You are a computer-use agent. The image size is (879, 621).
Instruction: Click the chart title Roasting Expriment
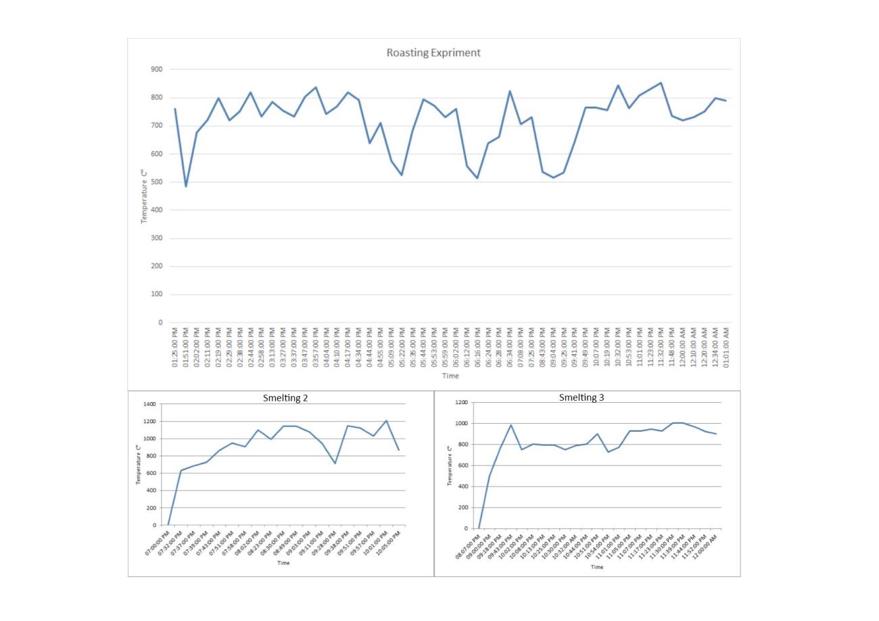pyautogui.click(x=433, y=53)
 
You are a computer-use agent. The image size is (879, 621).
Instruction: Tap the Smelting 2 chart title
pyautogui.click(x=285, y=398)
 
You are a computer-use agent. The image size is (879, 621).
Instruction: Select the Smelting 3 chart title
pyautogui.click(x=581, y=397)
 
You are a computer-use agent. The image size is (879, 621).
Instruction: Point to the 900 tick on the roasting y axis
pyautogui.click(x=156, y=70)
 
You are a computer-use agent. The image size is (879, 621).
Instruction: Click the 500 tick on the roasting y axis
pyautogui.click(x=156, y=182)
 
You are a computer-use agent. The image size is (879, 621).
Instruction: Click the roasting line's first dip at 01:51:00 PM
pyautogui.click(x=186, y=186)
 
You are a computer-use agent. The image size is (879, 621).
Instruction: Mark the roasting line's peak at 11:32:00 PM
pyautogui.click(x=661, y=83)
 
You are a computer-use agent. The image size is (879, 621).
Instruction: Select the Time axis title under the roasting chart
pyautogui.click(x=450, y=376)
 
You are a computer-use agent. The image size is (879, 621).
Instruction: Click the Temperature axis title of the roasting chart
pyautogui.click(x=144, y=197)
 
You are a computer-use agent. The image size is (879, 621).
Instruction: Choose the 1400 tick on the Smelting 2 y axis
pyautogui.click(x=149, y=404)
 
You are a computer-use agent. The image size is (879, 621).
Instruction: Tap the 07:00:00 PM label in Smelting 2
pyautogui.click(x=158, y=543)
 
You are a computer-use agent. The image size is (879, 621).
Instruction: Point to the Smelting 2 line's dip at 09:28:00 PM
pyautogui.click(x=335, y=463)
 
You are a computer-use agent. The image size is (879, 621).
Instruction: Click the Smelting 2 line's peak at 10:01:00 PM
pyautogui.click(x=386, y=421)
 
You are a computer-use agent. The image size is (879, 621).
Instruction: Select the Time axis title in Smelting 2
pyautogui.click(x=283, y=563)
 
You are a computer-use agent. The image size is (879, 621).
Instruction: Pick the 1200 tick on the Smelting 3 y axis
pyautogui.click(x=461, y=403)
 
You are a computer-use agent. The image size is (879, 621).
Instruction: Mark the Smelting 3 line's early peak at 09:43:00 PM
pyautogui.click(x=511, y=425)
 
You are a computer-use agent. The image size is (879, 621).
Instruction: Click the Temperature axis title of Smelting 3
pyautogui.click(x=450, y=466)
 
